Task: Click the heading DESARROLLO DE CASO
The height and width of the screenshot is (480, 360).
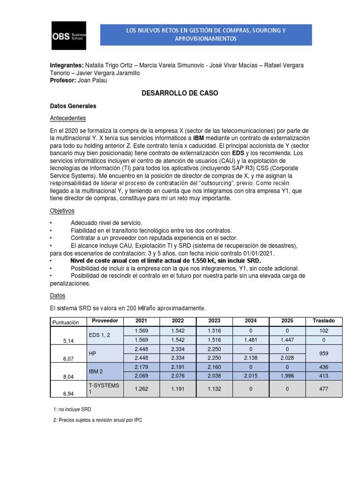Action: coord(180,94)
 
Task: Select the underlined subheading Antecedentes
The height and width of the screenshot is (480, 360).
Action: coord(68,118)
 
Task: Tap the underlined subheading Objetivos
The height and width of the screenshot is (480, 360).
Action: coord(62,211)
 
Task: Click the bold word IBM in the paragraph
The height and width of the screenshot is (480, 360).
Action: coord(199,138)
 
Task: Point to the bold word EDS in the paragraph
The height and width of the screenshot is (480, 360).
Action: coord(239,153)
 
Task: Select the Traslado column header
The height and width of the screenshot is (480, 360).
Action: coord(323,321)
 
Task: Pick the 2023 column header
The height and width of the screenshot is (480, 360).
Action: coord(214,321)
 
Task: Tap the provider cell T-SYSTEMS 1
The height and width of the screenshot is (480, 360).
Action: coord(105,388)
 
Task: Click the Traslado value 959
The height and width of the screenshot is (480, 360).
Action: coord(323,353)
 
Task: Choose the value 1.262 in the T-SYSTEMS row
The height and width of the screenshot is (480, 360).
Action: coord(141,389)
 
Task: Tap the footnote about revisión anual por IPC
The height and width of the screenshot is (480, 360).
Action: coord(97,420)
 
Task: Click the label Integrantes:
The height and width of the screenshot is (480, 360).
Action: coord(67,65)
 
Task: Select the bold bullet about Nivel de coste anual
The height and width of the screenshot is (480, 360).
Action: coord(165,260)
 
